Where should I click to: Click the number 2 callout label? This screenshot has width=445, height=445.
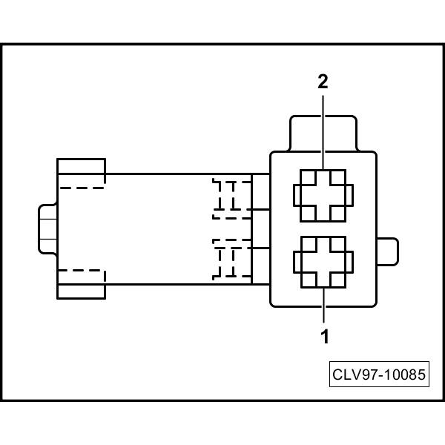click(x=323, y=82)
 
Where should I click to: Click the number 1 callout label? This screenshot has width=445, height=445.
click(x=324, y=336)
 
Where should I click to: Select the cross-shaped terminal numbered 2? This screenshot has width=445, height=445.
click(x=323, y=194)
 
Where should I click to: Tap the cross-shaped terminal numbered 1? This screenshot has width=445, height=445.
click(x=323, y=261)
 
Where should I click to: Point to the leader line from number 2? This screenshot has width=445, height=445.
click(x=323, y=130)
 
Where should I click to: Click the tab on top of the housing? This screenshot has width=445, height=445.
click(x=323, y=133)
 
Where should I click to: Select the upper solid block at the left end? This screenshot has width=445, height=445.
click(x=81, y=170)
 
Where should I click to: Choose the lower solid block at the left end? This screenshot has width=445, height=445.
click(x=81, y=285)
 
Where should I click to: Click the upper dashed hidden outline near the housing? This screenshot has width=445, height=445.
click(x=231, y=198)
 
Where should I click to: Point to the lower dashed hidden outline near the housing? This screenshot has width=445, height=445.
click(x=231, y=260)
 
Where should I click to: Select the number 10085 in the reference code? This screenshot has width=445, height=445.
click(x=405, y=375)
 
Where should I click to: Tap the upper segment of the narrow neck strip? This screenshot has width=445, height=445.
click(x=260, y=191)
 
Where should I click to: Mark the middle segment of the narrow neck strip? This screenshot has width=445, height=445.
click(x=260, y=228)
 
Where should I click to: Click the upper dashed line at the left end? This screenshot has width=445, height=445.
click(x=82, y=187)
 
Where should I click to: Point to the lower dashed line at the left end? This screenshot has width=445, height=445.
click(x=82, y=271)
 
